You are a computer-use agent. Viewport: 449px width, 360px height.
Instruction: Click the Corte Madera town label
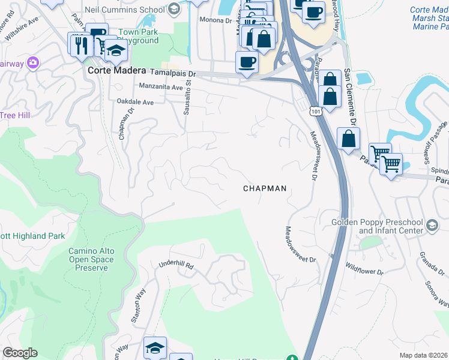(116, 70)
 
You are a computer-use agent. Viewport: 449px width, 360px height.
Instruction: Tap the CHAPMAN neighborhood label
(265, 188)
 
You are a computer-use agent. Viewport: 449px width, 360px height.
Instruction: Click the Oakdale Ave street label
(135, 103)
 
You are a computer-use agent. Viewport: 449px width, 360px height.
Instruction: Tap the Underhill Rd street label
(177, 265)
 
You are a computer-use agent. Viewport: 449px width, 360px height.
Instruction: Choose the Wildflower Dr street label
(364, 269)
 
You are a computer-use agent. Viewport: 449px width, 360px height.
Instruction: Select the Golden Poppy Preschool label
(377, 226)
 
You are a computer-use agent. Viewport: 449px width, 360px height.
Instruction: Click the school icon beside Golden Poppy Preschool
(432, 226)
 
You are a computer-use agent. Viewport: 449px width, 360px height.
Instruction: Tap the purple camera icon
(32, 62)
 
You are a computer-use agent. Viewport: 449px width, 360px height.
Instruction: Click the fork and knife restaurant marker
(80, 44)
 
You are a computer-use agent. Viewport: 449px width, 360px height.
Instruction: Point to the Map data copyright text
(424, 355)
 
